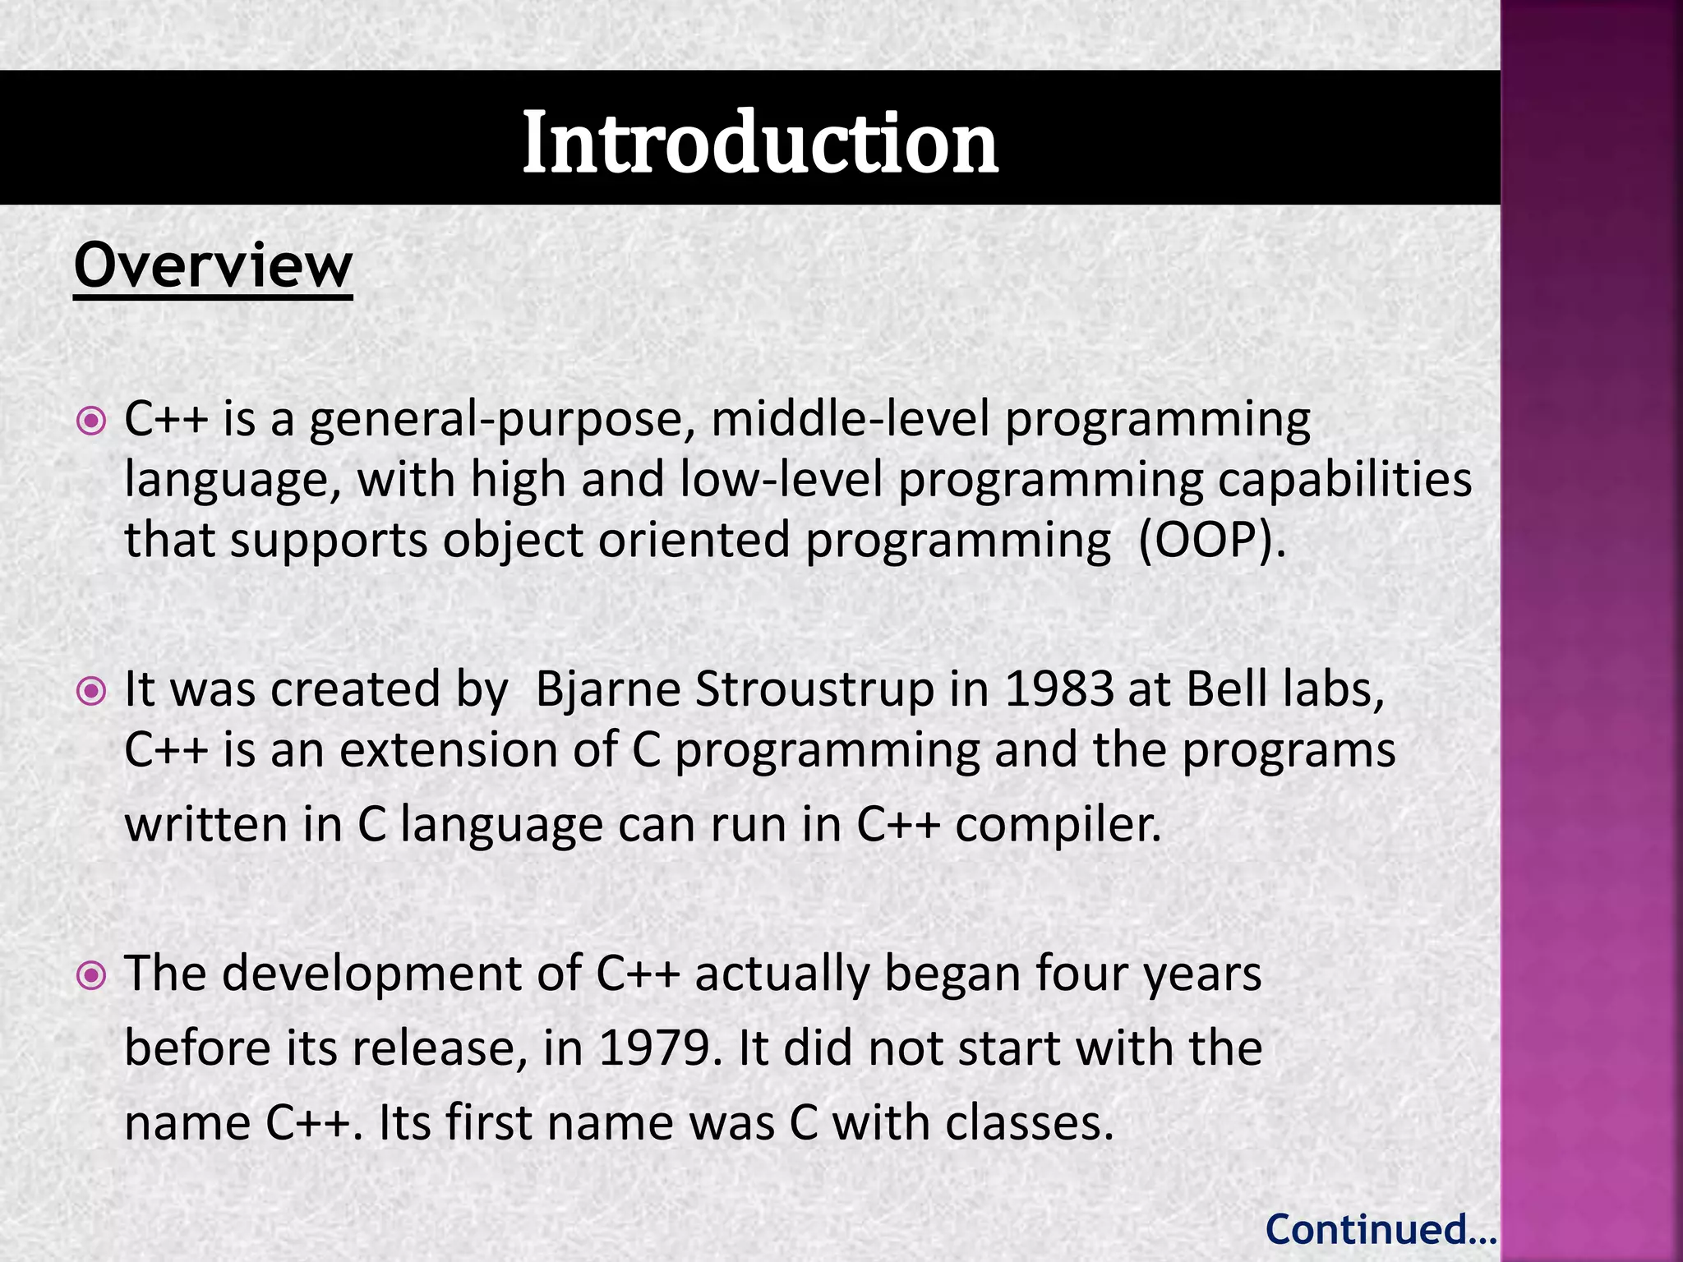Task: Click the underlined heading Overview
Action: click(x=213, y=266)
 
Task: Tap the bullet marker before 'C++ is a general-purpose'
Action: click(x=90, y=421)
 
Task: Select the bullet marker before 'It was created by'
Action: click(x=90, y=691)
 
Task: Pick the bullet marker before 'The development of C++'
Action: click(x=90, y=976)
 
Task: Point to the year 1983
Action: click(x=1058, y=689)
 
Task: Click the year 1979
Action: click(x=653, y=1049)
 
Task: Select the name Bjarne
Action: click(x=608, y=690)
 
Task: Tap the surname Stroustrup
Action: click(x=814, y=690)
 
